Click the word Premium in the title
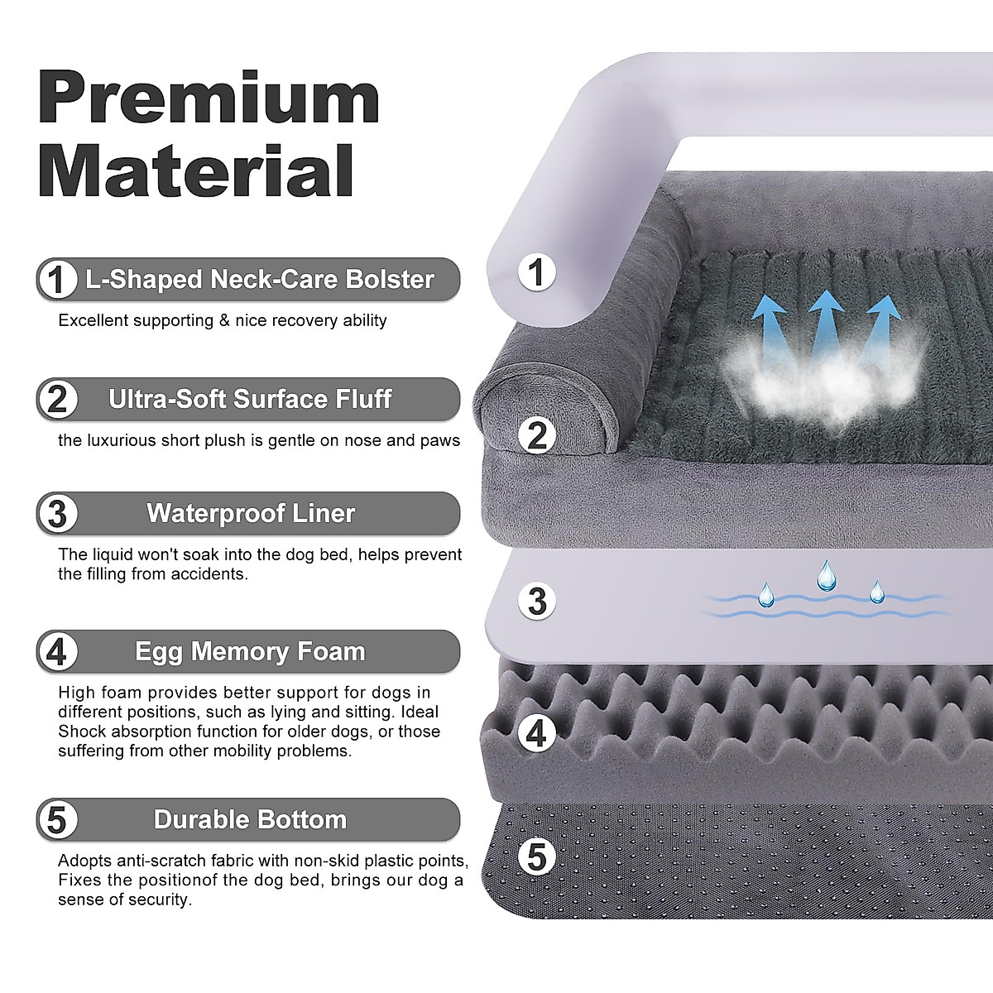[209, 98]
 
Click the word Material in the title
[197, 169]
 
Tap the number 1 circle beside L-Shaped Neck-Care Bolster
[56, 280]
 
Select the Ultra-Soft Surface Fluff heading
[250, 399]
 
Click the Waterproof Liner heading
[251, 513]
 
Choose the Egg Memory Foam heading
[250, 651]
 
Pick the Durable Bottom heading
[250, 819]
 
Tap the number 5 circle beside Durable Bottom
[56, 820]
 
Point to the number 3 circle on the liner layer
[537, 602]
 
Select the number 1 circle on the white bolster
[537, 271]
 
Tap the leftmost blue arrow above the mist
[770, 323]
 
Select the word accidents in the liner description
[209, 573]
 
